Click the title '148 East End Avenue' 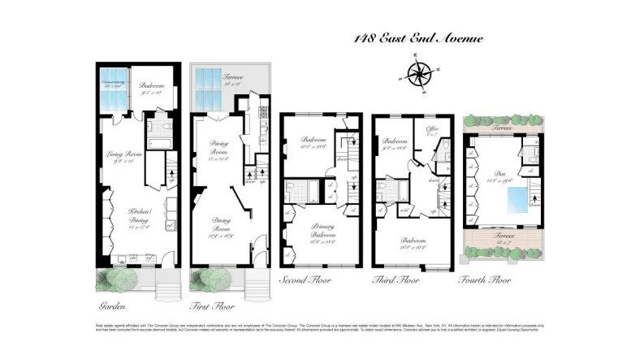pos(418,38)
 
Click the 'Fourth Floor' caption pos(486,281)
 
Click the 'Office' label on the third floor pos(431,132)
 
